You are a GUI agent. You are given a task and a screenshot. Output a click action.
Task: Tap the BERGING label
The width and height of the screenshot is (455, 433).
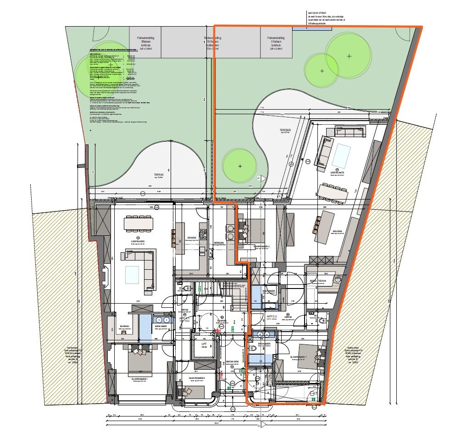(219, 243)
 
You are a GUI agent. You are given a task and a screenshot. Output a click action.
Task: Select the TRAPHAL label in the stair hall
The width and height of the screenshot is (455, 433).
(210, 321)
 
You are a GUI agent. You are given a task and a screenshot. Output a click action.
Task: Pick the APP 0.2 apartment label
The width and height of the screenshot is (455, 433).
(272, 316)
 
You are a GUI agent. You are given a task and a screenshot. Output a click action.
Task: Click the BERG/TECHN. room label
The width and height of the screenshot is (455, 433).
(317, 281)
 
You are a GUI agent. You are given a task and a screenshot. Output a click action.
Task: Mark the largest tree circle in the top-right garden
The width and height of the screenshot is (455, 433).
(349, 56)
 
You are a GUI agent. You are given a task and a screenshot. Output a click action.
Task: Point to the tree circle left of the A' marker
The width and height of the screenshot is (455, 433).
(239, 166)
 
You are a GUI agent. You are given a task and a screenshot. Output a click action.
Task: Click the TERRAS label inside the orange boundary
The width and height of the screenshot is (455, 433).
(286, 130)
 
